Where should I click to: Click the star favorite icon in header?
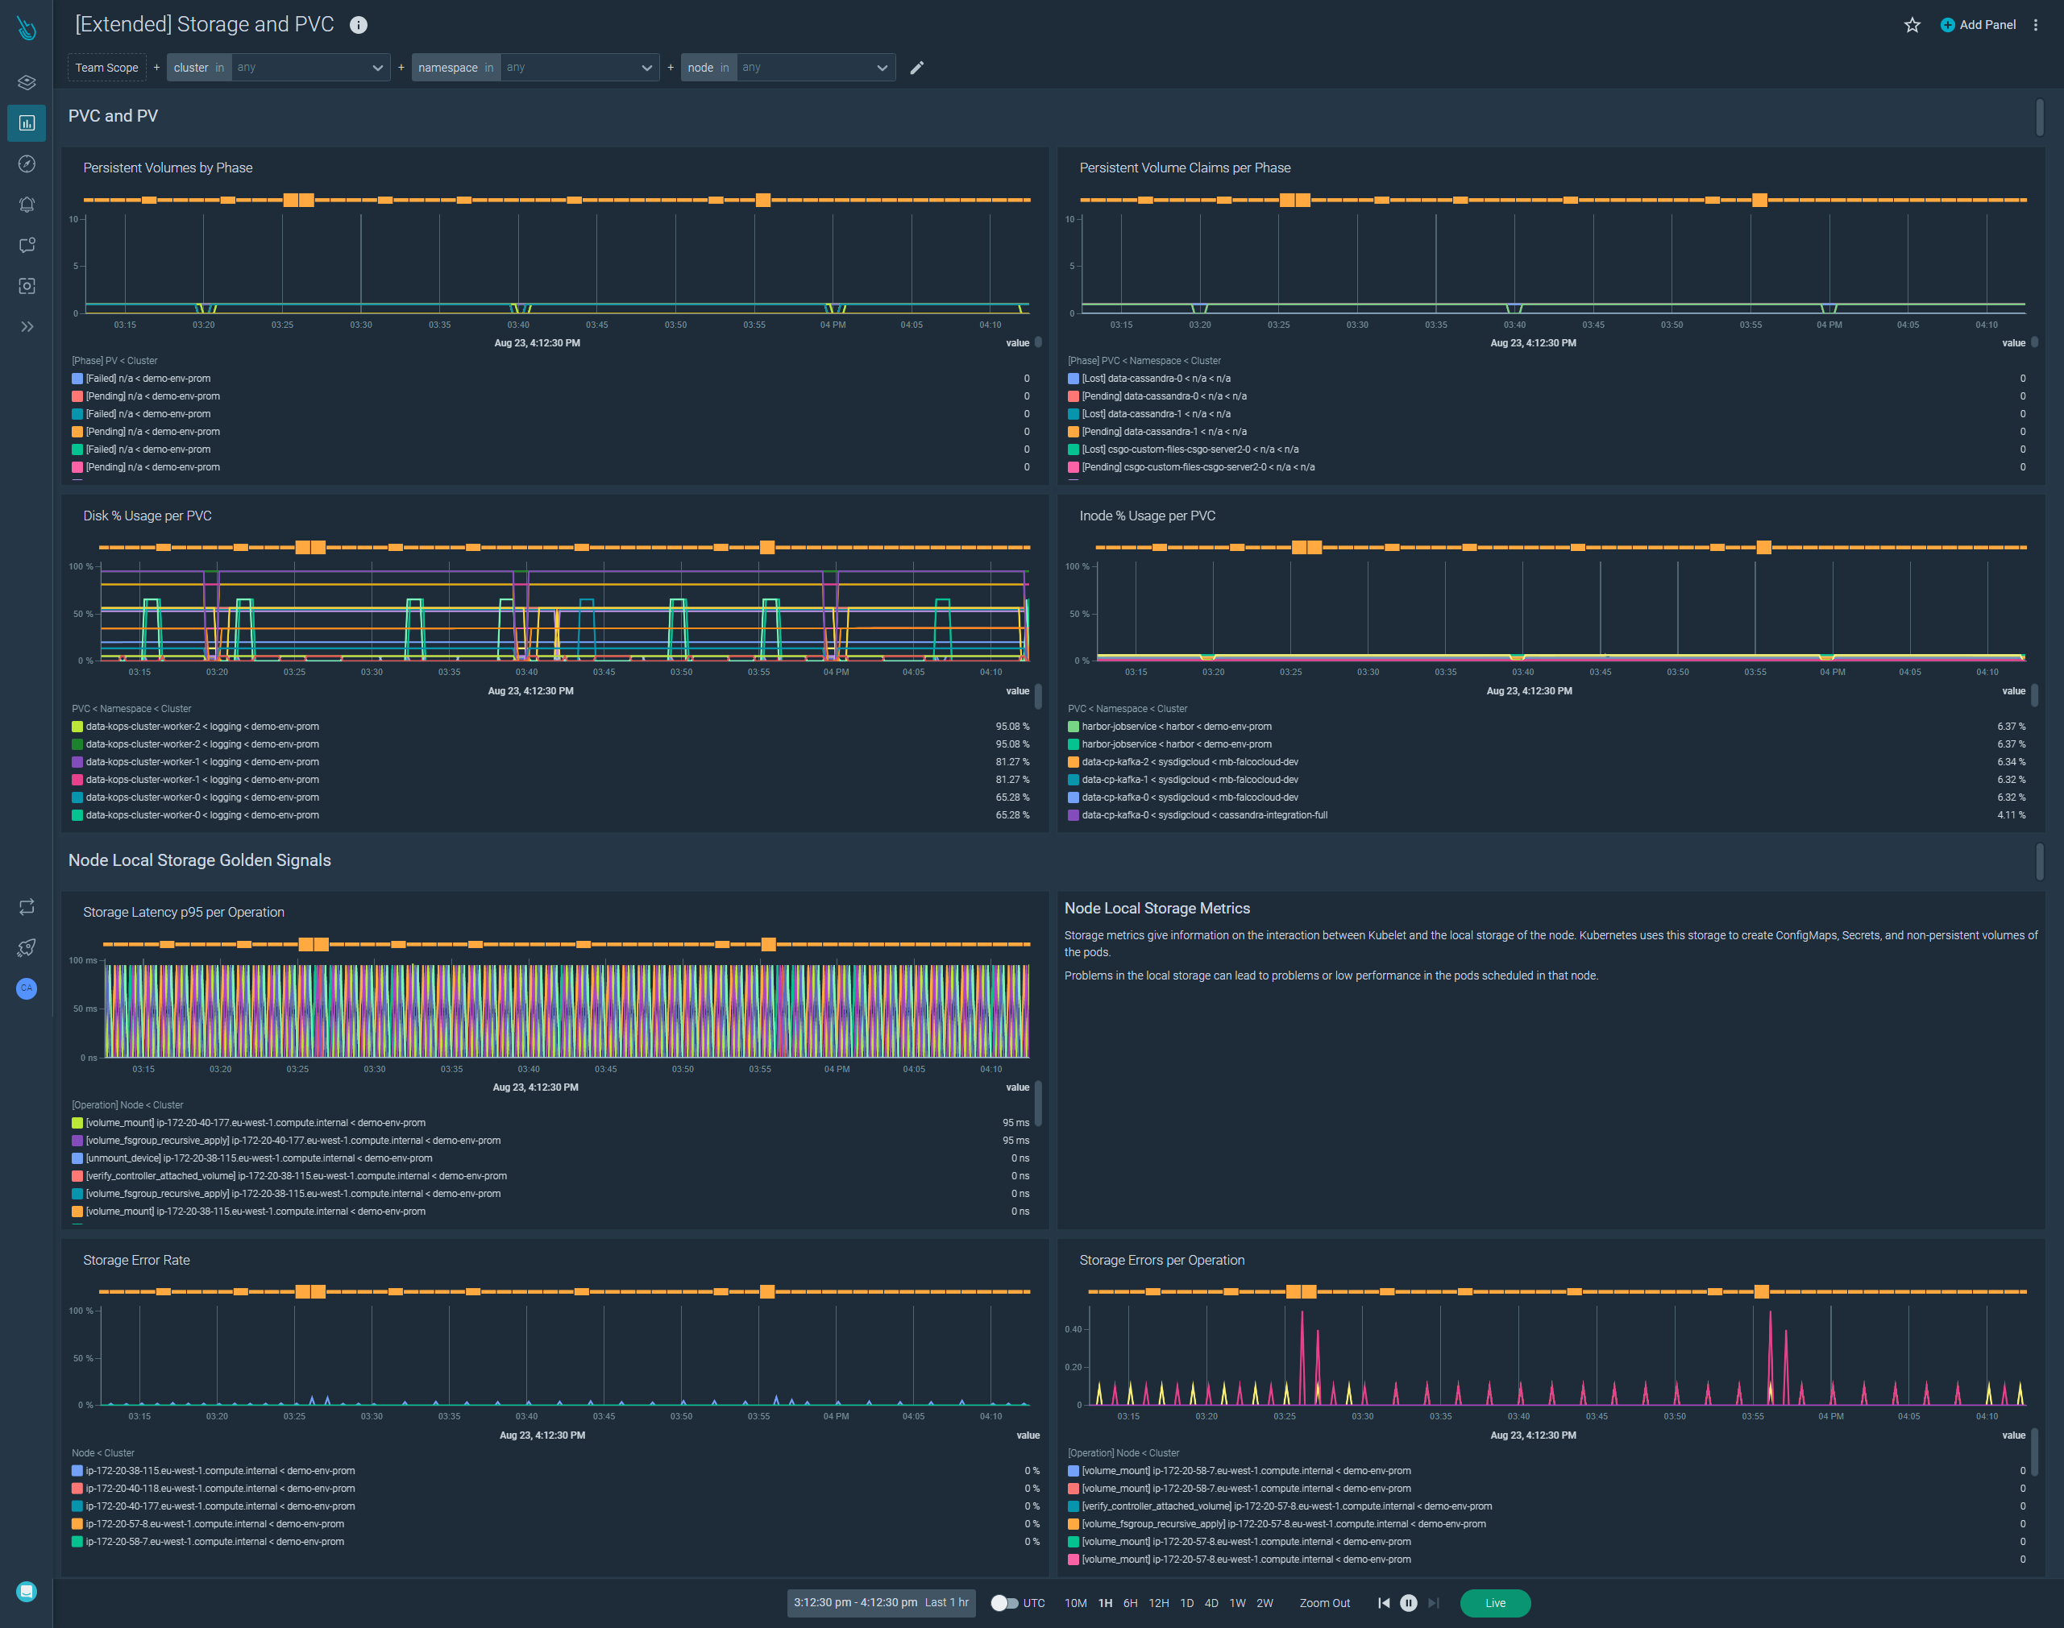(1912, 25)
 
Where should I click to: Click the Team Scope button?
(106, 68)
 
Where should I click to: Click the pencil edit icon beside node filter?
(916, 68)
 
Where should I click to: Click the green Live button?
(1494, 1602)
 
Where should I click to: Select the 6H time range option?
(1130, 1602)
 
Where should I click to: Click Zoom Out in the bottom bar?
(1324, 1602)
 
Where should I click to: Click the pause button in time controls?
(1408, 1602)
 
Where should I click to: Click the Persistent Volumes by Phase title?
(168, 168)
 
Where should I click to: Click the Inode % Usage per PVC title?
(1147, 516)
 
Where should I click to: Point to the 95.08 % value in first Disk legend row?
(1011, 727)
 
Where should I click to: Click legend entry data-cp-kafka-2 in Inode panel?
(1189, 761)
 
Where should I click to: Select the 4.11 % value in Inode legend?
(2011, 815)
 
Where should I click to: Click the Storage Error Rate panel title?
(136, 1260)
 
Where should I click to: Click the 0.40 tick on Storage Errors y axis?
(1073, 1328)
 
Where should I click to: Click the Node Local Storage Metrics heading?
(1157, 909)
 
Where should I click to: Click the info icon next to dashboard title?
(359, 26)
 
